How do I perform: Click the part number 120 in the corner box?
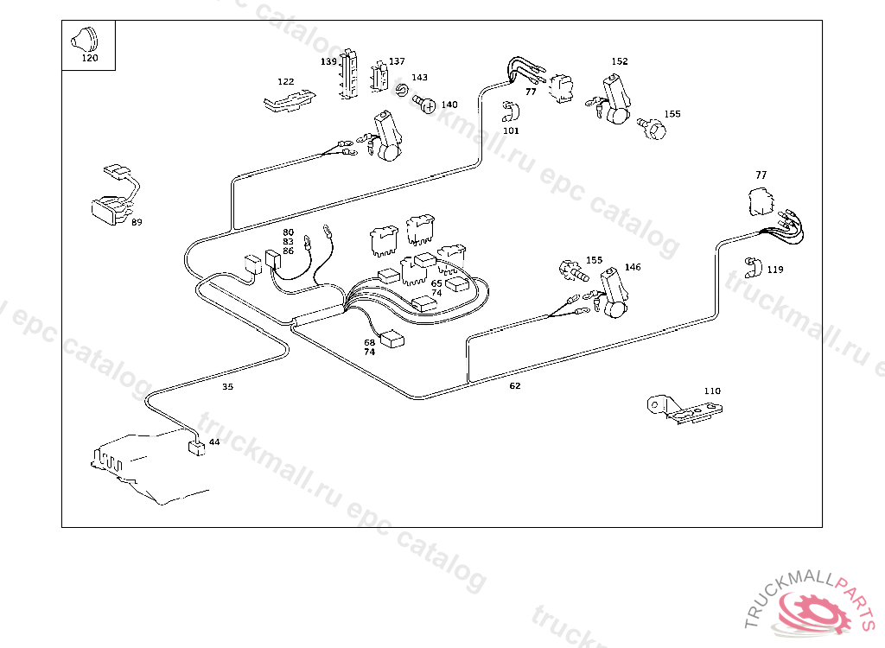pos(89,59)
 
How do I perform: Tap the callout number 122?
pos(285,81)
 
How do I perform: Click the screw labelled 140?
pos(424,105)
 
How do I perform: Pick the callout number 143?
pos(419,78)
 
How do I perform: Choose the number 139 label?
pos(328,61)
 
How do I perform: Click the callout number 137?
pos(397,61)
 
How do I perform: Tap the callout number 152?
pos(620,61)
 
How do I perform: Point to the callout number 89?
pos(137,223)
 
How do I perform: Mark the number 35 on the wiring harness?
pos(227,387)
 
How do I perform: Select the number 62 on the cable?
pos(515,386)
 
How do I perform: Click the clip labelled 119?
pos(751,266)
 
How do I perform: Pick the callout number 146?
pos(633,268)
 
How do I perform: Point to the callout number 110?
pos(711,391)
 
